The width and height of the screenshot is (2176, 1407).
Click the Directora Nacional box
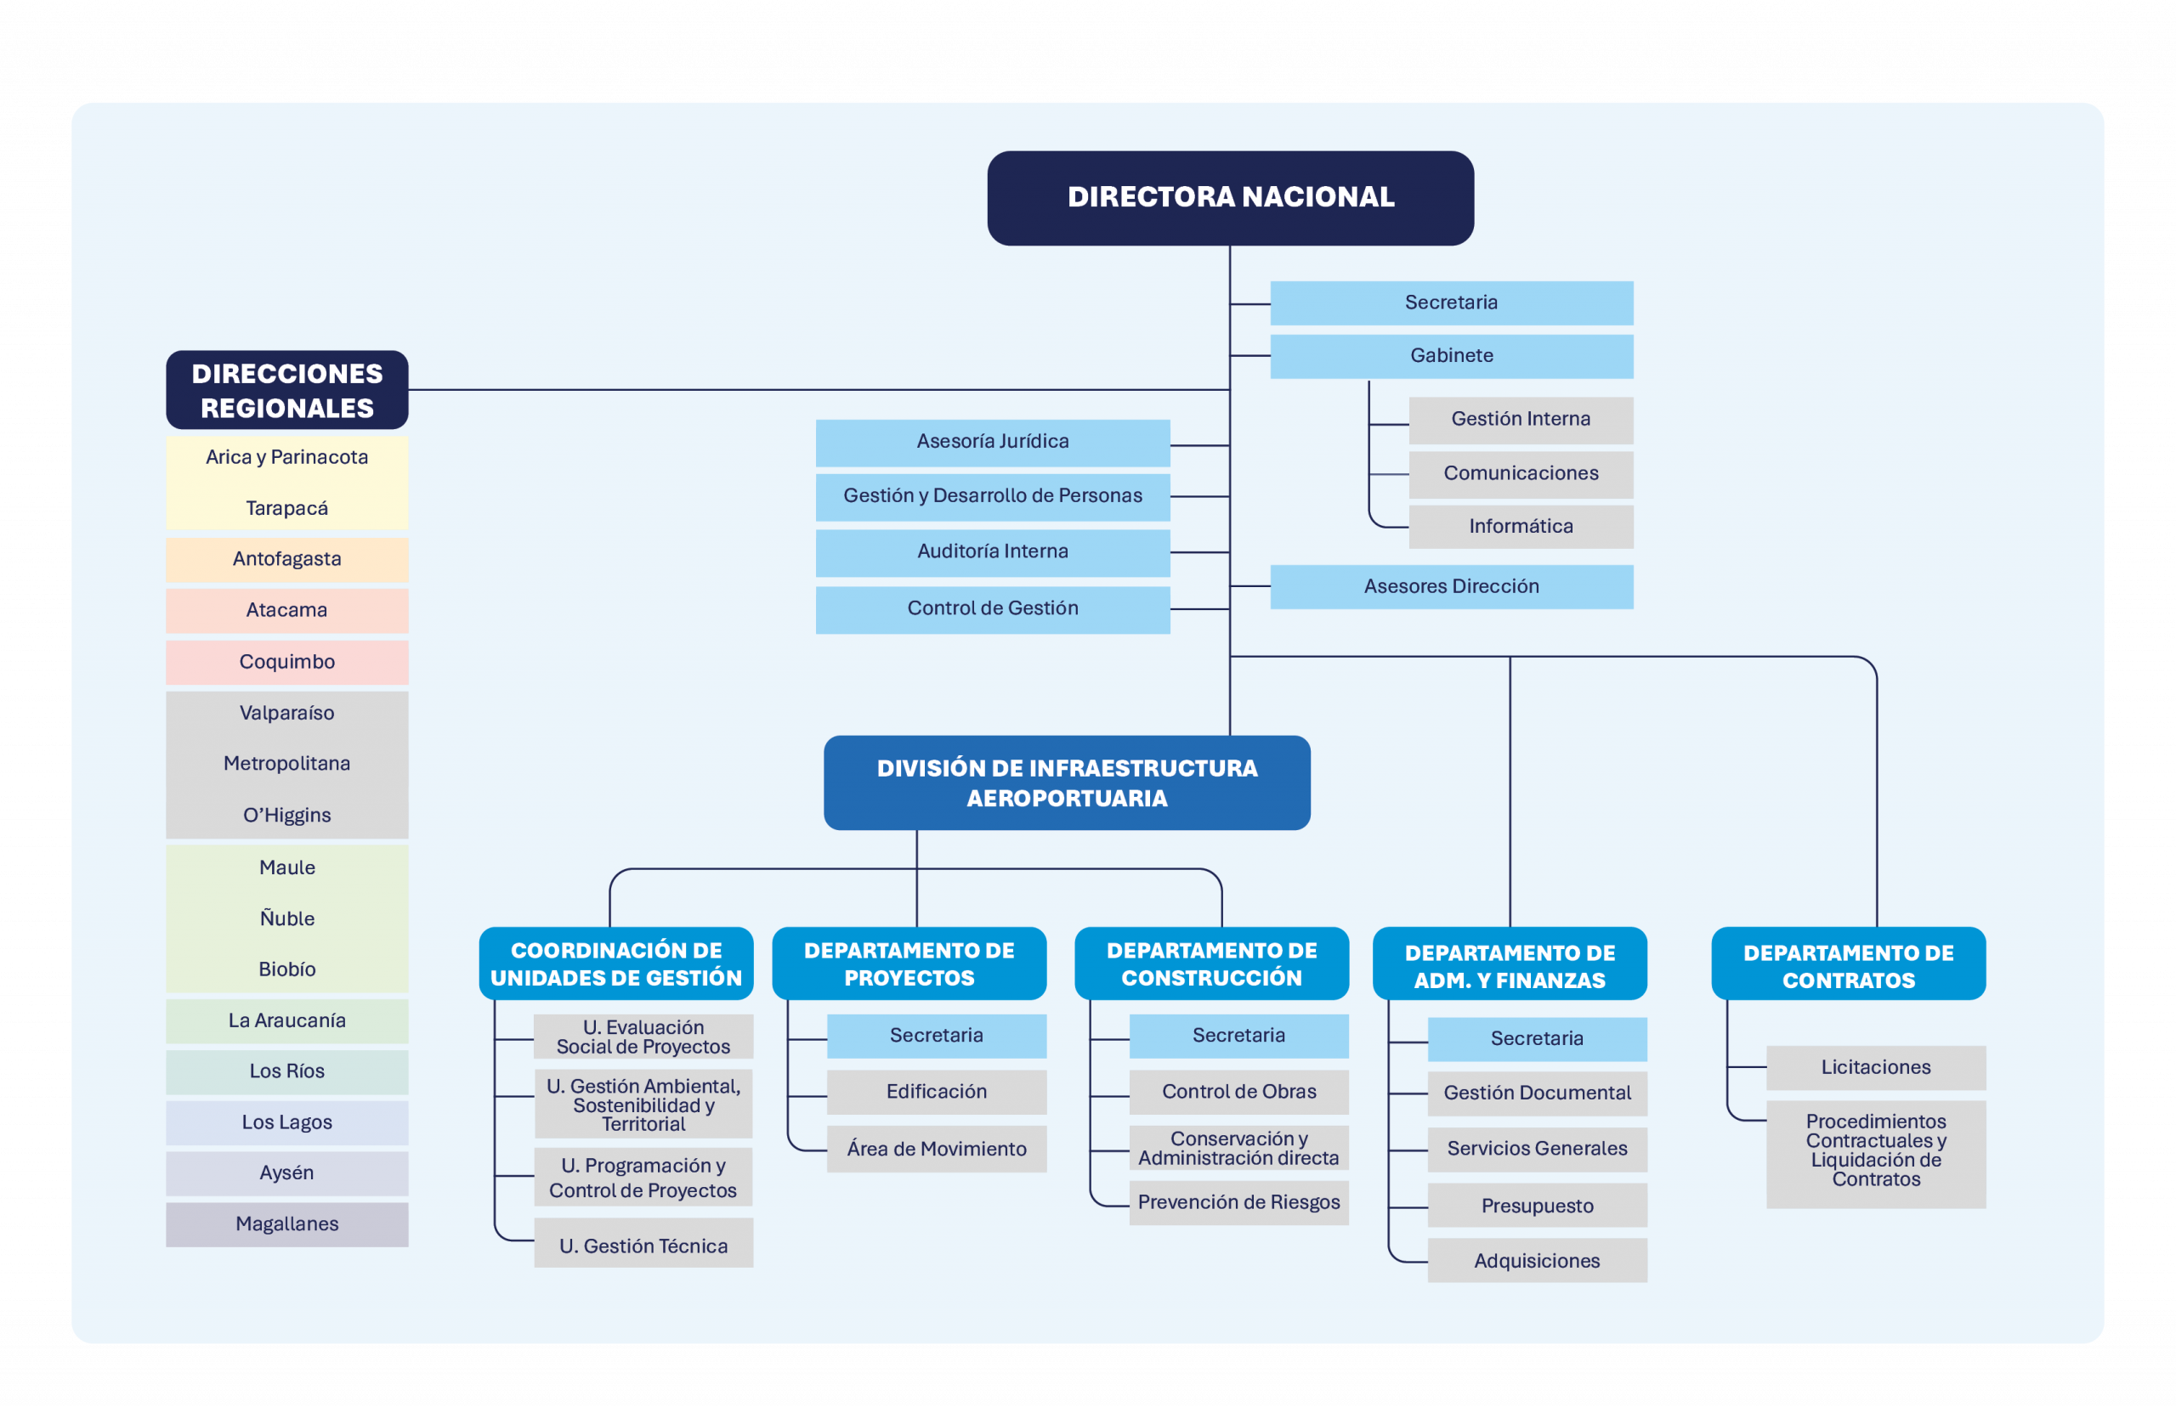point(1230,197)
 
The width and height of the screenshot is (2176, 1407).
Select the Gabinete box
point(1451,355)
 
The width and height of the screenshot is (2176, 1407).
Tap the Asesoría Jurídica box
point(993,442)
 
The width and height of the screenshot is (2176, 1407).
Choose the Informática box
point(1521,526)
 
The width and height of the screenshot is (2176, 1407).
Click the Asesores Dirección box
point(1451,586)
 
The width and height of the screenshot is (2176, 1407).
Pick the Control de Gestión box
point(993,608)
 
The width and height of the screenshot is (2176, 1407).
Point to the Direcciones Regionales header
point(287,390)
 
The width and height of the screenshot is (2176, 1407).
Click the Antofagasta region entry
point(287,559)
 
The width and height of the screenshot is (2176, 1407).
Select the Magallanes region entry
point(287,1224)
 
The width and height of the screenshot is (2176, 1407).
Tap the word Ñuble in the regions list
point(287,918)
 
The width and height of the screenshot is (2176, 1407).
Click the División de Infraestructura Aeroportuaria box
point(1067,783)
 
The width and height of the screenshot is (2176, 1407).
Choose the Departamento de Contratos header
point(1848,963)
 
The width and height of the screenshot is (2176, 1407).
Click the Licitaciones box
point(1875,1067)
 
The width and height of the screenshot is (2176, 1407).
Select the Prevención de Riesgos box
point(1238,1202)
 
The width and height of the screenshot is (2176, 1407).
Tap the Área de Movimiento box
point(937,1150)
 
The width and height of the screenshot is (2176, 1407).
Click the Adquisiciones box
point(1537,1261)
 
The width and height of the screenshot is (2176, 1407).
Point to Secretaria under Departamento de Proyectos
point(937,1036)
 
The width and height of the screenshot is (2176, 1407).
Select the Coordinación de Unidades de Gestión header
point(616,963)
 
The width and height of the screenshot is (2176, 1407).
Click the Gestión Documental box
point(1537,1093)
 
